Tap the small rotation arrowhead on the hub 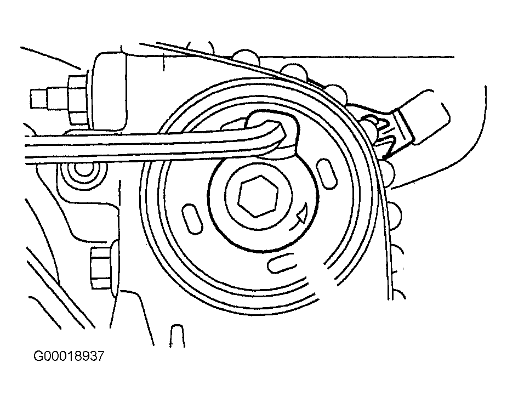tap(300, 218)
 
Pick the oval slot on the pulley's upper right tap(327, 174)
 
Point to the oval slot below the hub tap(280, 263)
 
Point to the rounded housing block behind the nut tap(110, 90)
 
